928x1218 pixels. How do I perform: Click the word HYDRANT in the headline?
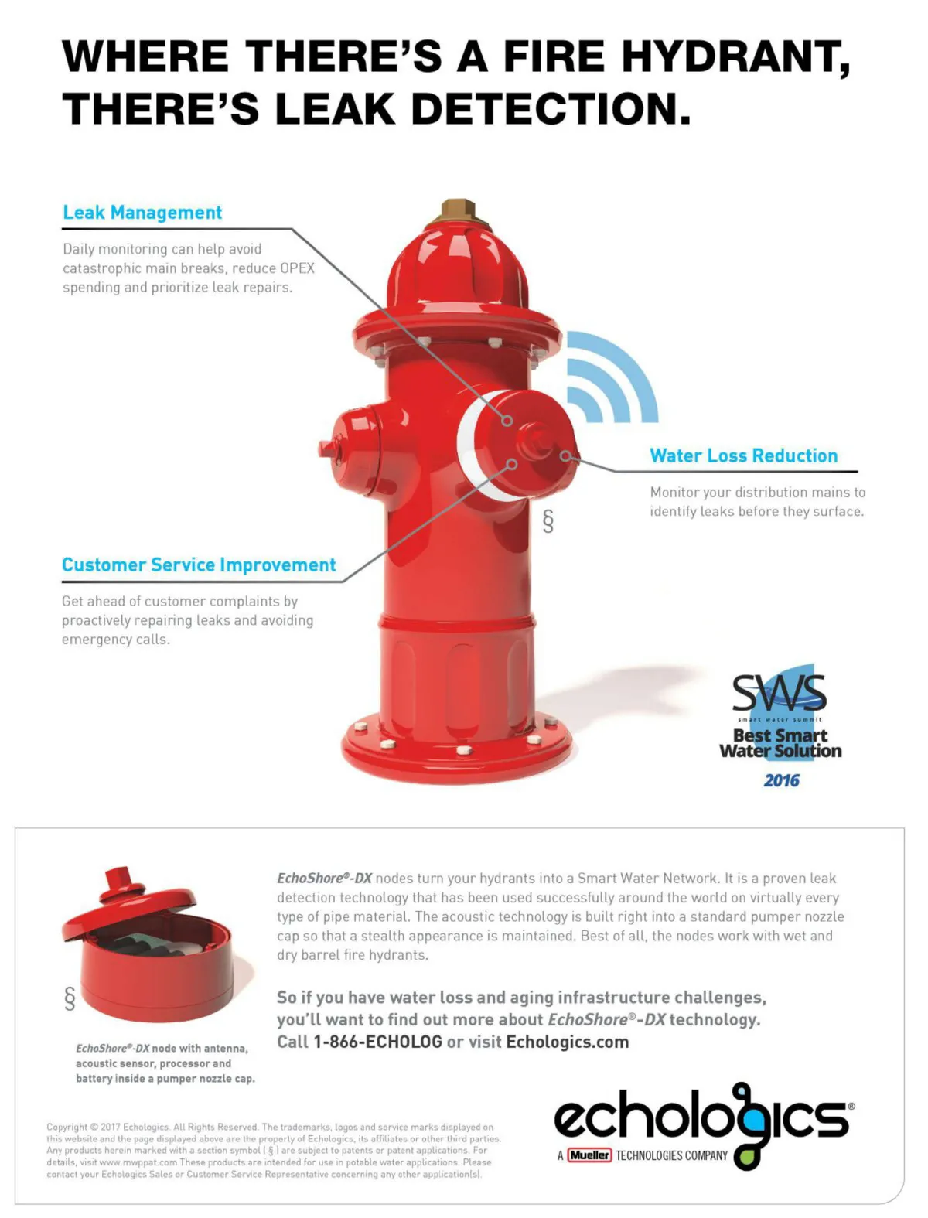tap(735, 57)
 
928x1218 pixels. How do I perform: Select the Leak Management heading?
tap(142, 213)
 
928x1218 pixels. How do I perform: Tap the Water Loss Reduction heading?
tap(743, 455)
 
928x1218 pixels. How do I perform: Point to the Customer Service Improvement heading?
tap(199, 565)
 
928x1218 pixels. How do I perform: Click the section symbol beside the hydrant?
tap(548, 521)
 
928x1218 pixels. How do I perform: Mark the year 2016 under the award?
tap(781, 781)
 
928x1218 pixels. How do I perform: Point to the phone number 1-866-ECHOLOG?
tap(377, 1042)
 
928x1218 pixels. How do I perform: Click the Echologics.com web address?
tap(568, 1042)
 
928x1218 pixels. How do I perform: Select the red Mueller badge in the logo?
tap(589, 1155)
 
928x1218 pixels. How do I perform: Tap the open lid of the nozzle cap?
tap(128, 902)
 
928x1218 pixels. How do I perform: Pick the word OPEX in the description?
tap(297, 268)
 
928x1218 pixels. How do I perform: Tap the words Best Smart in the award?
tap(780, 735)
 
